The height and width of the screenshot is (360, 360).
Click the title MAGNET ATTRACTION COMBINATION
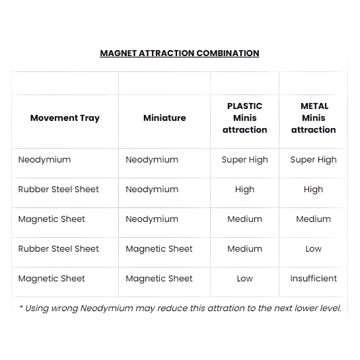180,54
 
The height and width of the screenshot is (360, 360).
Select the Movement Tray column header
65,118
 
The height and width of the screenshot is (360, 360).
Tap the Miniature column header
164,118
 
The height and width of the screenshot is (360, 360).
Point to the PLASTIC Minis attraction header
245,118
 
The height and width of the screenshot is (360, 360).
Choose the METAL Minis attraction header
314,118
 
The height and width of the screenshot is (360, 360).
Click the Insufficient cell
314,279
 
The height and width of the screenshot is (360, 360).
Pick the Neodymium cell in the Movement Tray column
44,160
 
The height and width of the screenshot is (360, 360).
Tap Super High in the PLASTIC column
245,160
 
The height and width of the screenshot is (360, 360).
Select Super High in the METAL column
314,160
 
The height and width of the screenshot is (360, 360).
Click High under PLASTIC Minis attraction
245,190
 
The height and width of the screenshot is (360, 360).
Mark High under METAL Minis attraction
314,190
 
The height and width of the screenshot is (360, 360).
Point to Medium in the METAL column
314,219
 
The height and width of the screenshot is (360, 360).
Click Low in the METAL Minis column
314,249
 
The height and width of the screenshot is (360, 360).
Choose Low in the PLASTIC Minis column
245,279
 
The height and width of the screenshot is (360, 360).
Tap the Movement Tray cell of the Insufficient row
52,279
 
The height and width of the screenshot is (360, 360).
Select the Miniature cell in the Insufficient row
159,279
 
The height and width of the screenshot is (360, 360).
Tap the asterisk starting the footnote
21,306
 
